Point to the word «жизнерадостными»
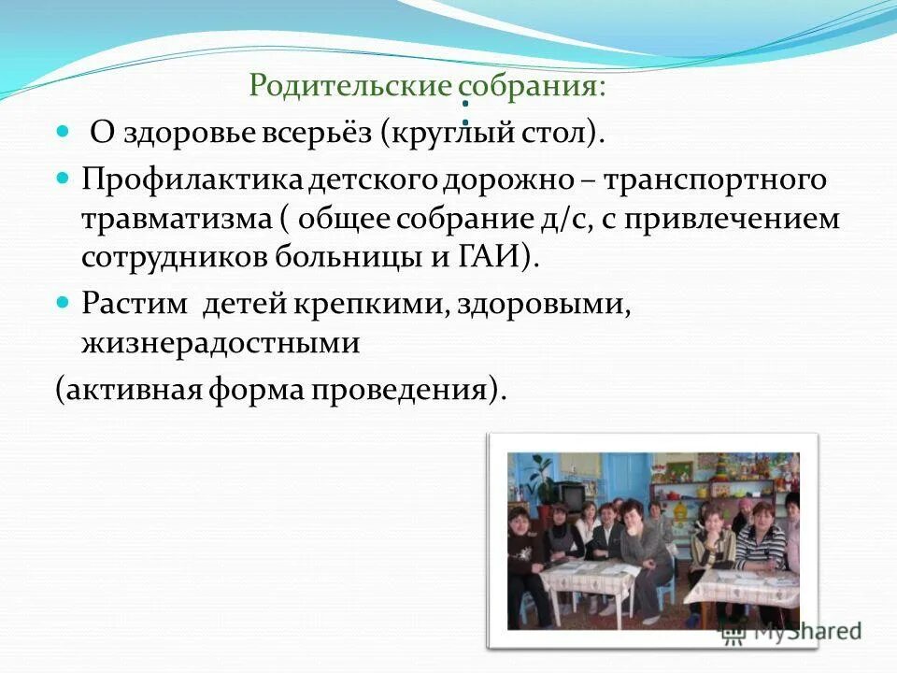coord(221,343)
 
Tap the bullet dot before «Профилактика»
coord(64,176)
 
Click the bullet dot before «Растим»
coord(64,302)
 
